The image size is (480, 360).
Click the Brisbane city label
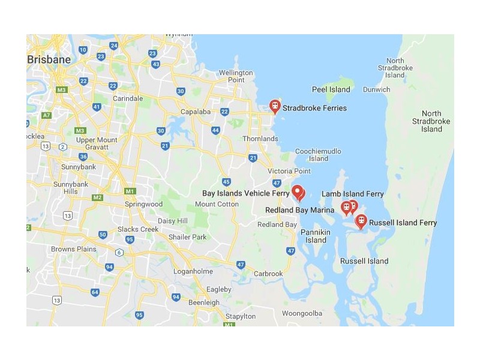click(x=49, y=59)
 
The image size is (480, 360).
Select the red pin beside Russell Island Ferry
click(x=361, y=221)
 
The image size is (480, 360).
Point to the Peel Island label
click(x=331, y=89)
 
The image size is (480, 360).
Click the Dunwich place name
click(x=377, y=89)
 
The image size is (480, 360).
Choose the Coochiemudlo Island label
click(x=319, y=155)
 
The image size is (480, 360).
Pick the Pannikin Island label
click(x=316, y=236)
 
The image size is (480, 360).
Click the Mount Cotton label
click(x=217, y=204)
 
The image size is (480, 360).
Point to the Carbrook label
click(x=268, y=274)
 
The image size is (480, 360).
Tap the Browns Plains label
click(x=74, y=249)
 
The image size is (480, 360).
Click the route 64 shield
click(x=95, y=292)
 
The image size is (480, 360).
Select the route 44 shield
click(x=215, y=130)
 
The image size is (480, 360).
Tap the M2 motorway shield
click(x=97, y=197)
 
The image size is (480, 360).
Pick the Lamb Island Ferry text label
click(x=352, y=194)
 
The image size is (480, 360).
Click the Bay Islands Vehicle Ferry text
click(x=245, y=193)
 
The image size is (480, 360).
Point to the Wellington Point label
click(x=236, y=76)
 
